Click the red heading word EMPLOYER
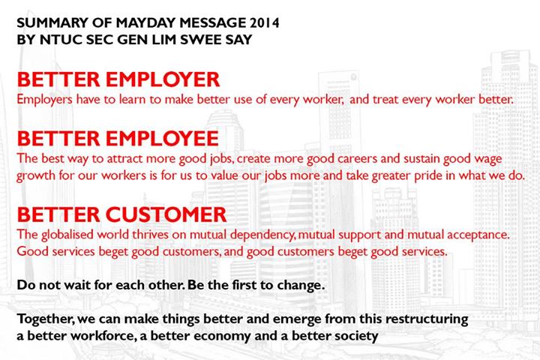click(163, 79)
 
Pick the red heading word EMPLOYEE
click(162, 139)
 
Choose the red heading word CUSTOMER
click(166, 214)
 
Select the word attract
click(124, 158)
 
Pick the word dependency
click(262, 235)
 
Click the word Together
click(46, 319)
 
